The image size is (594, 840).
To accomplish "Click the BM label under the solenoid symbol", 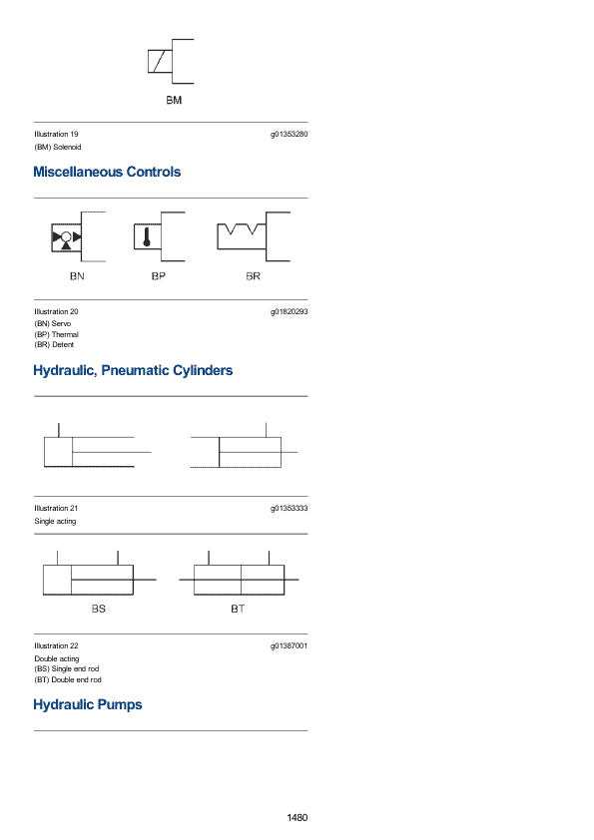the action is [x=174, y=100].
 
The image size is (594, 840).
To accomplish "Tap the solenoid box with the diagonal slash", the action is [x=160, y=61].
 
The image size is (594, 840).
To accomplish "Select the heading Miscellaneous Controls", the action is [x=107, y=172].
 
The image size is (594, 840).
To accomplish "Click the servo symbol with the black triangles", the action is [x=66, y=237].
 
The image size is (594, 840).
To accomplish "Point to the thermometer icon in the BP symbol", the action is [x=147, y=236].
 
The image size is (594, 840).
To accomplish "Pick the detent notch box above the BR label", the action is [x=242, y=236].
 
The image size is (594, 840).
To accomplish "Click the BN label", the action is [x=77, y=276].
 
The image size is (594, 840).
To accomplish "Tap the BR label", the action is [x=253, y=276].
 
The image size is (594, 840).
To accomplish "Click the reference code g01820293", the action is [x=289, y=312].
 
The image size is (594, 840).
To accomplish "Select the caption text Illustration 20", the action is [x=56, y=312].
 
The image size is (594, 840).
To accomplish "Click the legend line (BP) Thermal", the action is [x=56, y=334].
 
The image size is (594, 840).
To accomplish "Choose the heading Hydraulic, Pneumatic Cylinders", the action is [x=133, y=371].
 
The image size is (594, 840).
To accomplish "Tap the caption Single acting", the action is [x=55, y=521].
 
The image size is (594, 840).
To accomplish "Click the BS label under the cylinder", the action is [x=99, y=610].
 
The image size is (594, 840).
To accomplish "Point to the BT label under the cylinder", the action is [x=238, y=610].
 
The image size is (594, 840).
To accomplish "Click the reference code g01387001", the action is [x=289, y=646].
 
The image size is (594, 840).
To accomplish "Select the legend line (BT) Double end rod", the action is [x=68, y=679].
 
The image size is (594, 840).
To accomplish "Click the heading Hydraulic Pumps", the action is [x=88, y=705].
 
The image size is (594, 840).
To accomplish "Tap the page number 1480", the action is [x=297, y=818].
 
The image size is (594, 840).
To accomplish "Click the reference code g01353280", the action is [x=289, y=135].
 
